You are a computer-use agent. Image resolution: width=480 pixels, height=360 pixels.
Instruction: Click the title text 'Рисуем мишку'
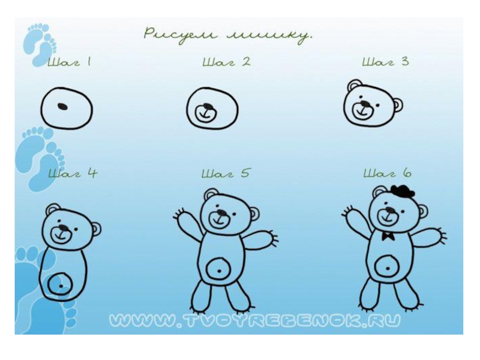228,35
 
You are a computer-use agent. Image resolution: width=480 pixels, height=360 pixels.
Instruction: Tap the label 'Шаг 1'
70,62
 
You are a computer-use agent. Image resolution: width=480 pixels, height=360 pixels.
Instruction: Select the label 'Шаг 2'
227,62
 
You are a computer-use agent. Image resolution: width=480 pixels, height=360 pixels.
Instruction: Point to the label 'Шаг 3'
385,62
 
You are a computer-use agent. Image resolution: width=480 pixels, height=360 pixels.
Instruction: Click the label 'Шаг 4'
73,173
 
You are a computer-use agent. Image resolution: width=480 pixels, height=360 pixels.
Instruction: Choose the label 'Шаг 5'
226,173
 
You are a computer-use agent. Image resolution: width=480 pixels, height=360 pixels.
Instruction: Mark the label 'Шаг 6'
388,173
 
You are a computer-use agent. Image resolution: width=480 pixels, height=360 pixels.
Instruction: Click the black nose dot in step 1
62,106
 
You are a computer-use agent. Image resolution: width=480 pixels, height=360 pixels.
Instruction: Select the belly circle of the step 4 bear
61,284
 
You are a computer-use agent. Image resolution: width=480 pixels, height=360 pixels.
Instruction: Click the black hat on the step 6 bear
403,191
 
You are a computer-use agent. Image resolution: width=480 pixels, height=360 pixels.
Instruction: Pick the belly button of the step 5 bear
219,271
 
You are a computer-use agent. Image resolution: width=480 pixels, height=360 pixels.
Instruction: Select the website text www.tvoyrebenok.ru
254,320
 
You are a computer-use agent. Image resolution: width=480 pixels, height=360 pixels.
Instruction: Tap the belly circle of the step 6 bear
387,268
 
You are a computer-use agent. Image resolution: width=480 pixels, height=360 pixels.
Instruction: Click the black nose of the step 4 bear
64,228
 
